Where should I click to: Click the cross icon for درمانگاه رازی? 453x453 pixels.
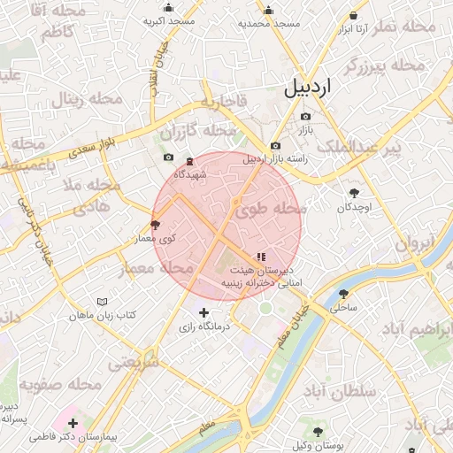tap(203, 312)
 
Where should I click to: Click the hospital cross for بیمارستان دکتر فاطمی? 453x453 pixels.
tap(73, 424)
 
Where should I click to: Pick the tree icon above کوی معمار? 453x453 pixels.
tap(157, 226)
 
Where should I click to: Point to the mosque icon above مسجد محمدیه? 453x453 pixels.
tap(269, 11)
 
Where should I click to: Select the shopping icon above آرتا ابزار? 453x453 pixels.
tap(353, 15)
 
